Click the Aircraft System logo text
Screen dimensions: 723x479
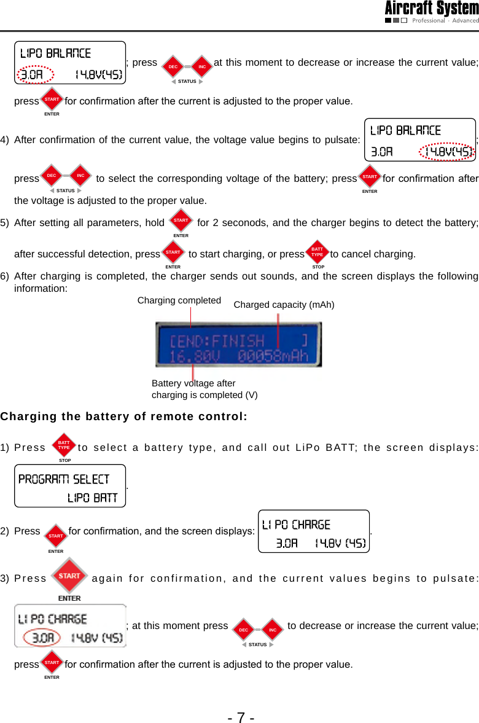click(431, 9)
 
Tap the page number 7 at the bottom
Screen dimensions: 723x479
click(241, 717)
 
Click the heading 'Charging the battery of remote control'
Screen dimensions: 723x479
click(123, 416)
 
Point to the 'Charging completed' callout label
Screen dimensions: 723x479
click(179, 300)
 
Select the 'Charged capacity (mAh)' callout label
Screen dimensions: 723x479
click(284, 304)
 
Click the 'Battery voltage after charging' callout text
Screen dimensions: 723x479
click(204, 389)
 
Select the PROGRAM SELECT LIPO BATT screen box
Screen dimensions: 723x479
click(70, 486)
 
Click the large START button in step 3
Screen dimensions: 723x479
click(69, 576)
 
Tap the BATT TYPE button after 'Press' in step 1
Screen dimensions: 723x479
click(64, 443)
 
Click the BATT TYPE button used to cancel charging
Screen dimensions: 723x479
click(317, 252)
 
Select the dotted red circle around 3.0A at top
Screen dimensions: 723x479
click(31, 75)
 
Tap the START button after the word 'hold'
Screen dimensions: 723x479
click(181, 220)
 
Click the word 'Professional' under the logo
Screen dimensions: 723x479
click(429, 20)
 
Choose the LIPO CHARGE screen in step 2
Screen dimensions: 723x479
click(314, 531)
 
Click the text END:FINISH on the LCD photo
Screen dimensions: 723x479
click(217, 340)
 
